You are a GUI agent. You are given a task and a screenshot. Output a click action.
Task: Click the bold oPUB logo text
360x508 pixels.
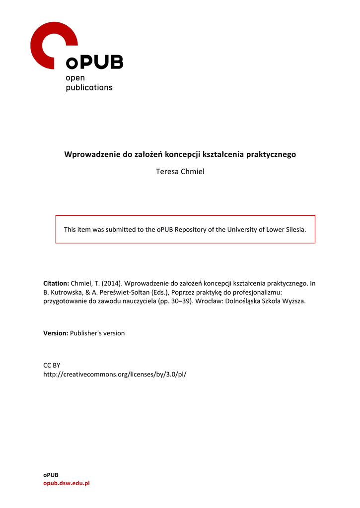(x=94, y=63)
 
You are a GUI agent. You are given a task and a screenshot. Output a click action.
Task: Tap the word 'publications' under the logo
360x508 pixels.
(x=89, y=88)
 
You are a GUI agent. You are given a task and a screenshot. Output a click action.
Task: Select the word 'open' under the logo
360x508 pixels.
(x=75, y=78)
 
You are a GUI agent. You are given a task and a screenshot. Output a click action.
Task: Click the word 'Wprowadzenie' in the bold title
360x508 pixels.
(x=92, y=154)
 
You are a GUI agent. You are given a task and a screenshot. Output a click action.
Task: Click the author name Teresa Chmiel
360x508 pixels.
(x=180, y=172)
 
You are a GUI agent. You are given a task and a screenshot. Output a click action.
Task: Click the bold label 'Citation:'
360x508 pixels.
(x=56, y=283)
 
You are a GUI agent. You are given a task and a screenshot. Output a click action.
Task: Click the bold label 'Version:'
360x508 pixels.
(x=56, y=333)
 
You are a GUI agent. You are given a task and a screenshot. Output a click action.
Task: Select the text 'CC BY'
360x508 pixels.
(x=52, y=365)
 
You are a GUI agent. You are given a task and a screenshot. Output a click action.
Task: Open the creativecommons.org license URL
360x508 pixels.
(x=115, y=374)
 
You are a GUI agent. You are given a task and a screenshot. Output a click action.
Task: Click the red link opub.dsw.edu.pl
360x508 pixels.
(x=66, y=483)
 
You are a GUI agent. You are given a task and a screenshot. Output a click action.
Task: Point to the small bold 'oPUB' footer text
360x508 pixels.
(x=51, y=475)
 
